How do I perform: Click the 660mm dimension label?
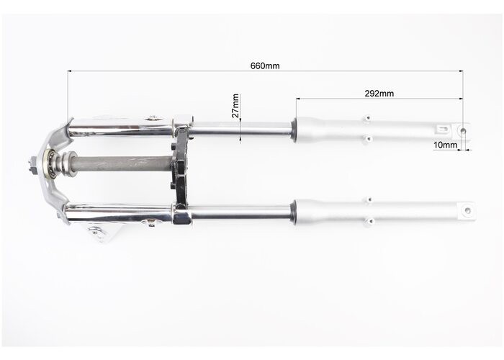[265, 66]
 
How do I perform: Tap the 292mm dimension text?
[379, 94]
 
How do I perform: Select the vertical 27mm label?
[235, 106]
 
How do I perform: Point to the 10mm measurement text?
[445, 145]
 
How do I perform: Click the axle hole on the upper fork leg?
[463, 131]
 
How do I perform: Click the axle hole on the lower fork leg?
[468, 211]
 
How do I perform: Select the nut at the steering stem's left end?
[32, 163]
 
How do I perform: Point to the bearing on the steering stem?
[50, 164]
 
